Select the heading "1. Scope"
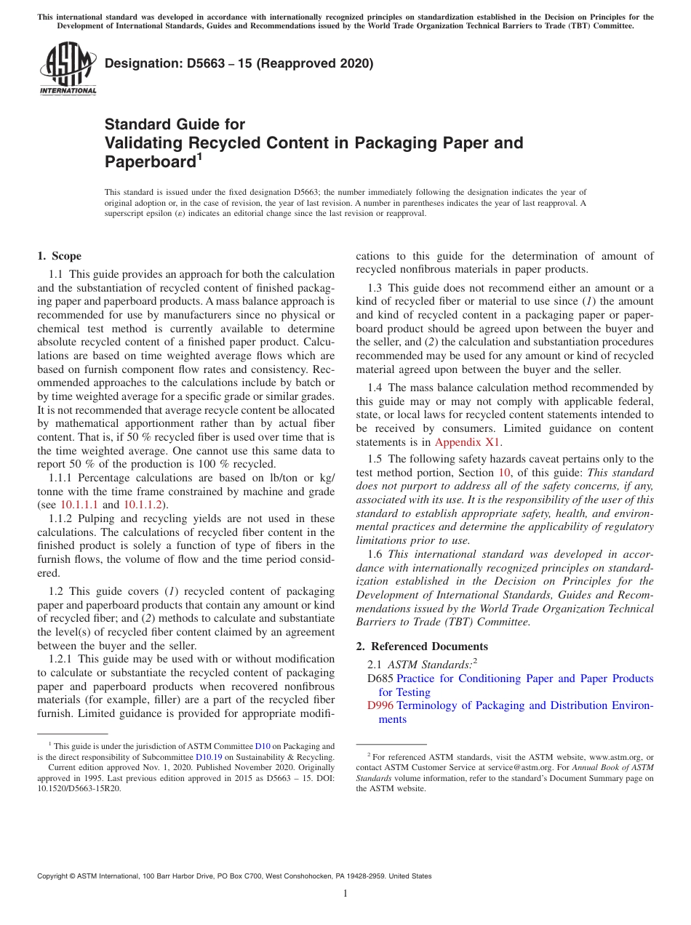pyautogui.click(x=59, y=256)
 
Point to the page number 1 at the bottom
pyautogui.click(x=345, y=894)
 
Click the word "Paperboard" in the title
pyautogui.click(x=150, y=161)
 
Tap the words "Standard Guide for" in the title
pyautogui.click(x=175, y=124)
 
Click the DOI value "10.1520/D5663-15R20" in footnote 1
pyautogui.click(x=79, y=788)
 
